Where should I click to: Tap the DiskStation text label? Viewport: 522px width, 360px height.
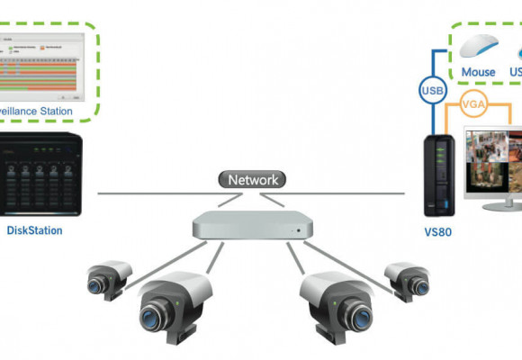click(x=34, y=230)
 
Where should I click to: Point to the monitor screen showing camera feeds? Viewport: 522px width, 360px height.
click(x=493, y=158)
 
